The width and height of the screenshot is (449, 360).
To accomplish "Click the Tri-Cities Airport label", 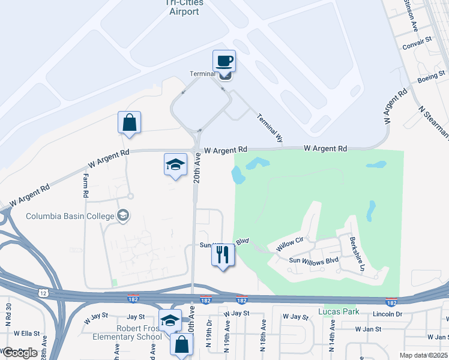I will pos(184,7).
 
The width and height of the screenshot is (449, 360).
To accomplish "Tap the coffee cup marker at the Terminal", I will pos(224,61).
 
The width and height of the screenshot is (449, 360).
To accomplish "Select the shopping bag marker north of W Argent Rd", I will pos(129,122).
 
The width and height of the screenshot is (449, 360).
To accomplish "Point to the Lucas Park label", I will pos(336,311).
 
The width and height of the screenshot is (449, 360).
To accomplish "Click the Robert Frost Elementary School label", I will pos(127,332).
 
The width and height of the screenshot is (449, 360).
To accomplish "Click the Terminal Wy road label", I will pos(270,128).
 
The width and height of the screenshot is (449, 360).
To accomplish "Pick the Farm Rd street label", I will pos(85,187).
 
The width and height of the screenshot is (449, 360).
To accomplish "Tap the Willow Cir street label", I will pos(291,245).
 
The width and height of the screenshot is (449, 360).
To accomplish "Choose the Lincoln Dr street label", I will pos(387,314).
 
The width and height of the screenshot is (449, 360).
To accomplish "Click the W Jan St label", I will pos(368,329).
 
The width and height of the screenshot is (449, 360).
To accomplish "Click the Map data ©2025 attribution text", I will pos(423,355).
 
